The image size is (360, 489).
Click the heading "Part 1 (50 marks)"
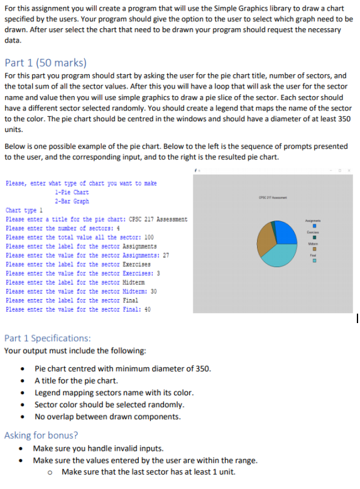pos(45,63)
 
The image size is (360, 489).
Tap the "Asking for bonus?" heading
pos(41,435)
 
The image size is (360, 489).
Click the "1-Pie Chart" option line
pos(72,192)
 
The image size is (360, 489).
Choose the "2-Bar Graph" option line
pos(72,201)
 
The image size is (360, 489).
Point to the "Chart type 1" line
pos(24,211)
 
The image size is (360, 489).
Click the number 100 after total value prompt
pos(149,238)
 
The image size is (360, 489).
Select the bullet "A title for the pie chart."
pos(76,380)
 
